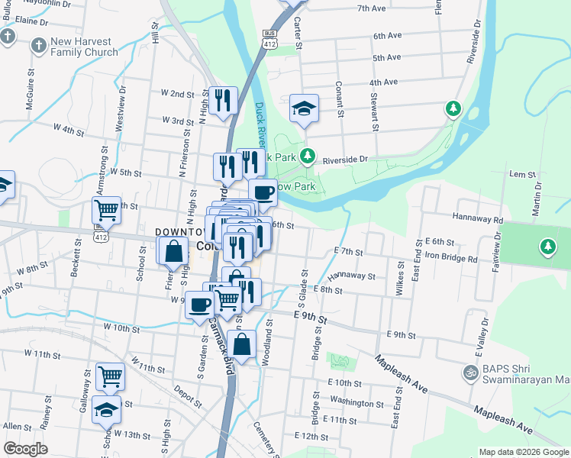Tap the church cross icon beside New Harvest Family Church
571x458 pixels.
pyautogui.click(x=37, y=47)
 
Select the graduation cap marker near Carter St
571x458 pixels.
pyautogui.click(x=304, y=108)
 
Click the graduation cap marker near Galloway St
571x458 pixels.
pyautogui.click(x=106, y=410)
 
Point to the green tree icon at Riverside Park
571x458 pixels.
pyautogui.click(x=308, y=156)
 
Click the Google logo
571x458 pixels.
pyautogui.click(x=25, y=449)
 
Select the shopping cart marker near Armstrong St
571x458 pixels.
pyautogui.click(x=106, y=209)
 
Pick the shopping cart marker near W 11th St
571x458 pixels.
pyautogui.click(x=110, y=376)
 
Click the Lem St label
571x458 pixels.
pyautogui.click(x=523, y=175)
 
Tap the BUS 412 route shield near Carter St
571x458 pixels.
pyautogui.click(x=268, y=40)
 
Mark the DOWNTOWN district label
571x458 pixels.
pyautogui.click(x=182, y=231)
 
